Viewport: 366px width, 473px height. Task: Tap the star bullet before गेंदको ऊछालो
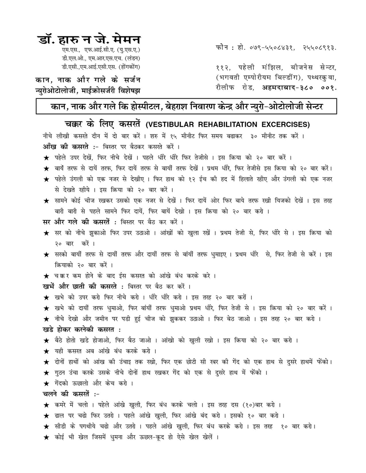coord(46,383)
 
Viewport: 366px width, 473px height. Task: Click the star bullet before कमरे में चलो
coord(46,405)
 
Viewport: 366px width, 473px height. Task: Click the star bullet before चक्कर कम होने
coord(46,276)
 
